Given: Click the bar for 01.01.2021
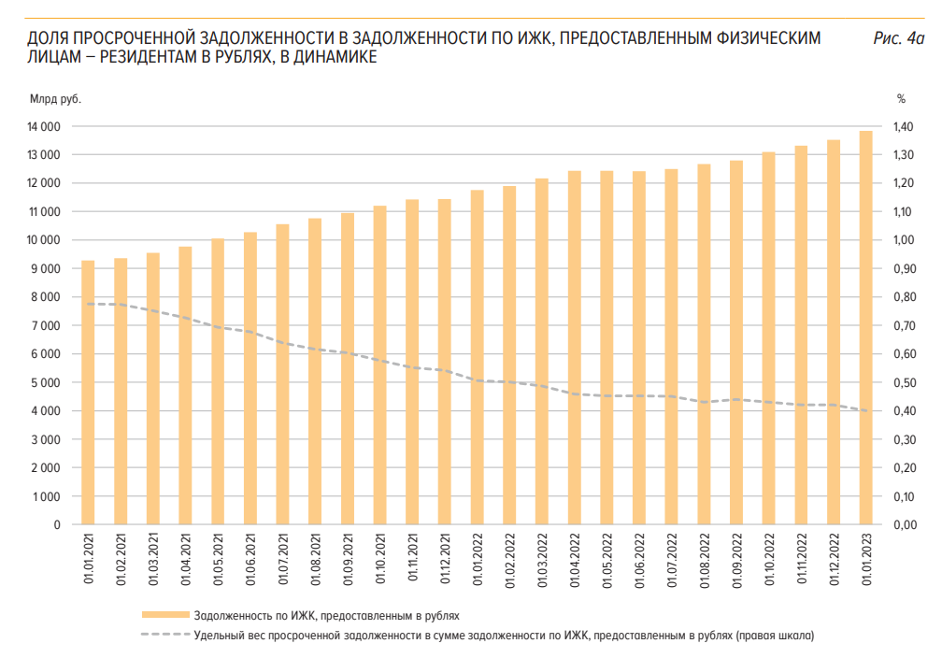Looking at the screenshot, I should click(x=88, y=393).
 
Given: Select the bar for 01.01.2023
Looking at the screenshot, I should click(x=866, y=327).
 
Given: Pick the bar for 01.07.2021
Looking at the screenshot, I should click(x=282, y=374).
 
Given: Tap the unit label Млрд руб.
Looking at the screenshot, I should click(x=55, y=97).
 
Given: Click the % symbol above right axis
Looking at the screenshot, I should click(x=902, y=97).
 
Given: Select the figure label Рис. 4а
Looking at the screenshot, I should click(x=897, y=38).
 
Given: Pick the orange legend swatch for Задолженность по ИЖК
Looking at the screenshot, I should click(x=165, y=616).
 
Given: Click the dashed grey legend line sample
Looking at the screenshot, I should click(x=165, y=636).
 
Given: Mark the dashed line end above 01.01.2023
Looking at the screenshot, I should click(x=866, y=410).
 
